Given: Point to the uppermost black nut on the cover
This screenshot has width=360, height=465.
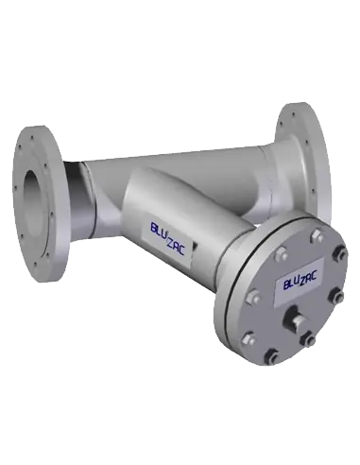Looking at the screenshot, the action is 341,252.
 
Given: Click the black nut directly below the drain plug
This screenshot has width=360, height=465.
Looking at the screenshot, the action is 307,339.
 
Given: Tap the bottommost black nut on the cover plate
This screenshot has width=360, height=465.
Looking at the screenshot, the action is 271,357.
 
